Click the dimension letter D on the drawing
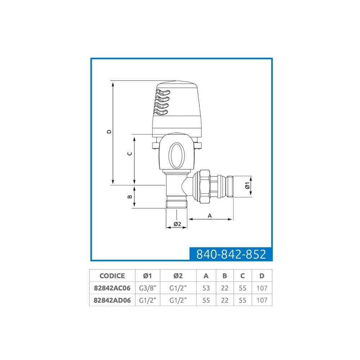(x=109, y=131)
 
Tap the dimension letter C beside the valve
(x=130, y=154)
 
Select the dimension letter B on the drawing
(x=130, y=197)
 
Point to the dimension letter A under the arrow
(x=210, y=216)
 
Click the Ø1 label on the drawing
(x=247, y=185)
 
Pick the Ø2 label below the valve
(x=177, y=224)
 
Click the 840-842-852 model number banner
(x=231, y=254)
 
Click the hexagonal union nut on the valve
(x=205, y=186)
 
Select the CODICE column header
(x=112, y=276)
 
